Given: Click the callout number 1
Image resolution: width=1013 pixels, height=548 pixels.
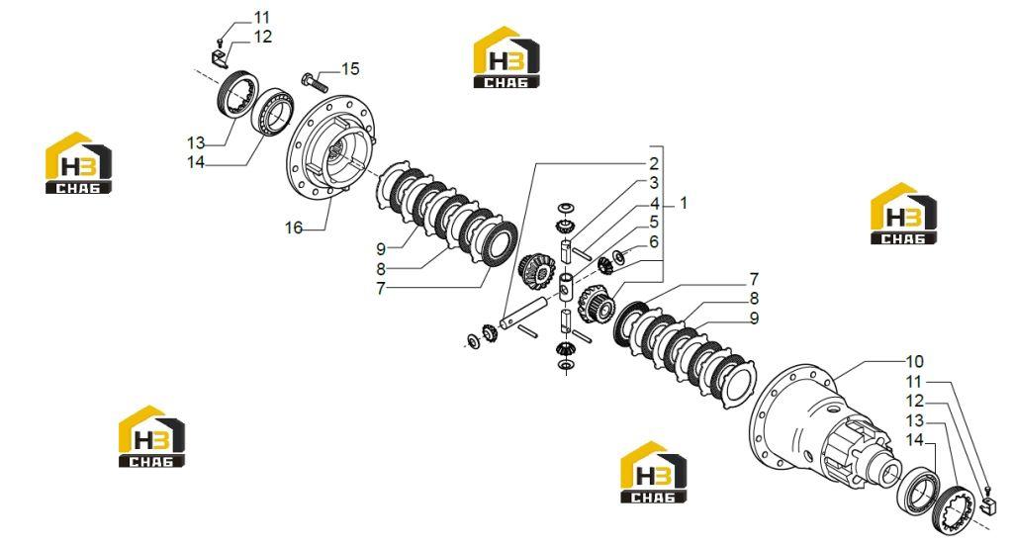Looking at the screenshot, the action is [684, 203].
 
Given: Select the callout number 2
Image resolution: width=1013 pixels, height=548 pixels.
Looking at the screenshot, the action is [654, 163].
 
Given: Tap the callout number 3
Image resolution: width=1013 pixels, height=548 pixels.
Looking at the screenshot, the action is [654, 184].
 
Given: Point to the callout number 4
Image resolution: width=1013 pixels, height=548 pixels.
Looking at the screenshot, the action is [655, 204].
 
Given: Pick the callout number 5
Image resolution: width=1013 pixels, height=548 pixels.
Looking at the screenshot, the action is [654, 223].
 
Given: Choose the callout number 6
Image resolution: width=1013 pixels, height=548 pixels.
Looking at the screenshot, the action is [654, 241].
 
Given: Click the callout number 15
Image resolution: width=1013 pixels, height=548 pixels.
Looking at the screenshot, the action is [350, 68].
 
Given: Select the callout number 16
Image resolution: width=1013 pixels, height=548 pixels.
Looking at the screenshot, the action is [294, 228].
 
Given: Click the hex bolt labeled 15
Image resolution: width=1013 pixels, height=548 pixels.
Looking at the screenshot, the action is [315, 82].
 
